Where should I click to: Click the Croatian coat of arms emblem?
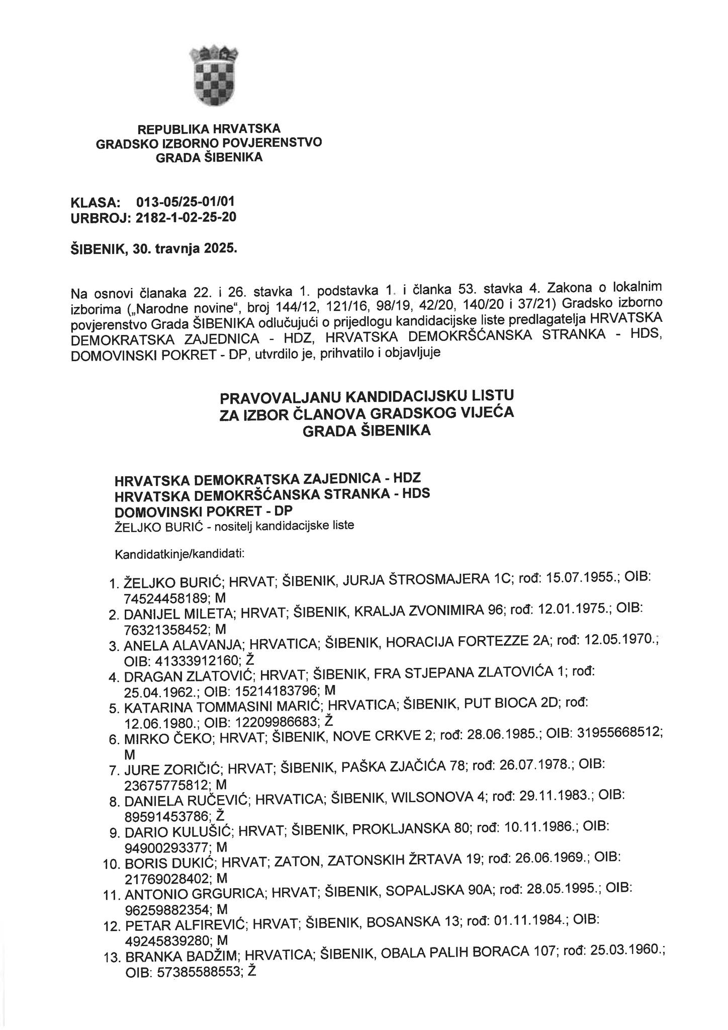pos(215,76)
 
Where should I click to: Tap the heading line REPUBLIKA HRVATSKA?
pos(209,129)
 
